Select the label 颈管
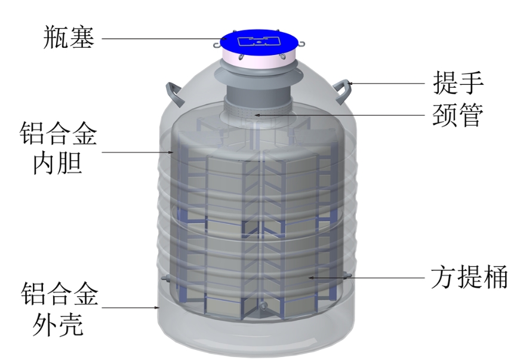click(x=457, y=115)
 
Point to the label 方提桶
click(x=469, y=278)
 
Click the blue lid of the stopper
click(x=258, y=41)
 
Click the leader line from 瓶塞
click(x=161, y=38)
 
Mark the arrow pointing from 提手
click(x=388, y=83)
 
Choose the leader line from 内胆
click(x=137, y=152)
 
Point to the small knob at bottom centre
click(x=261, y=306)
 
